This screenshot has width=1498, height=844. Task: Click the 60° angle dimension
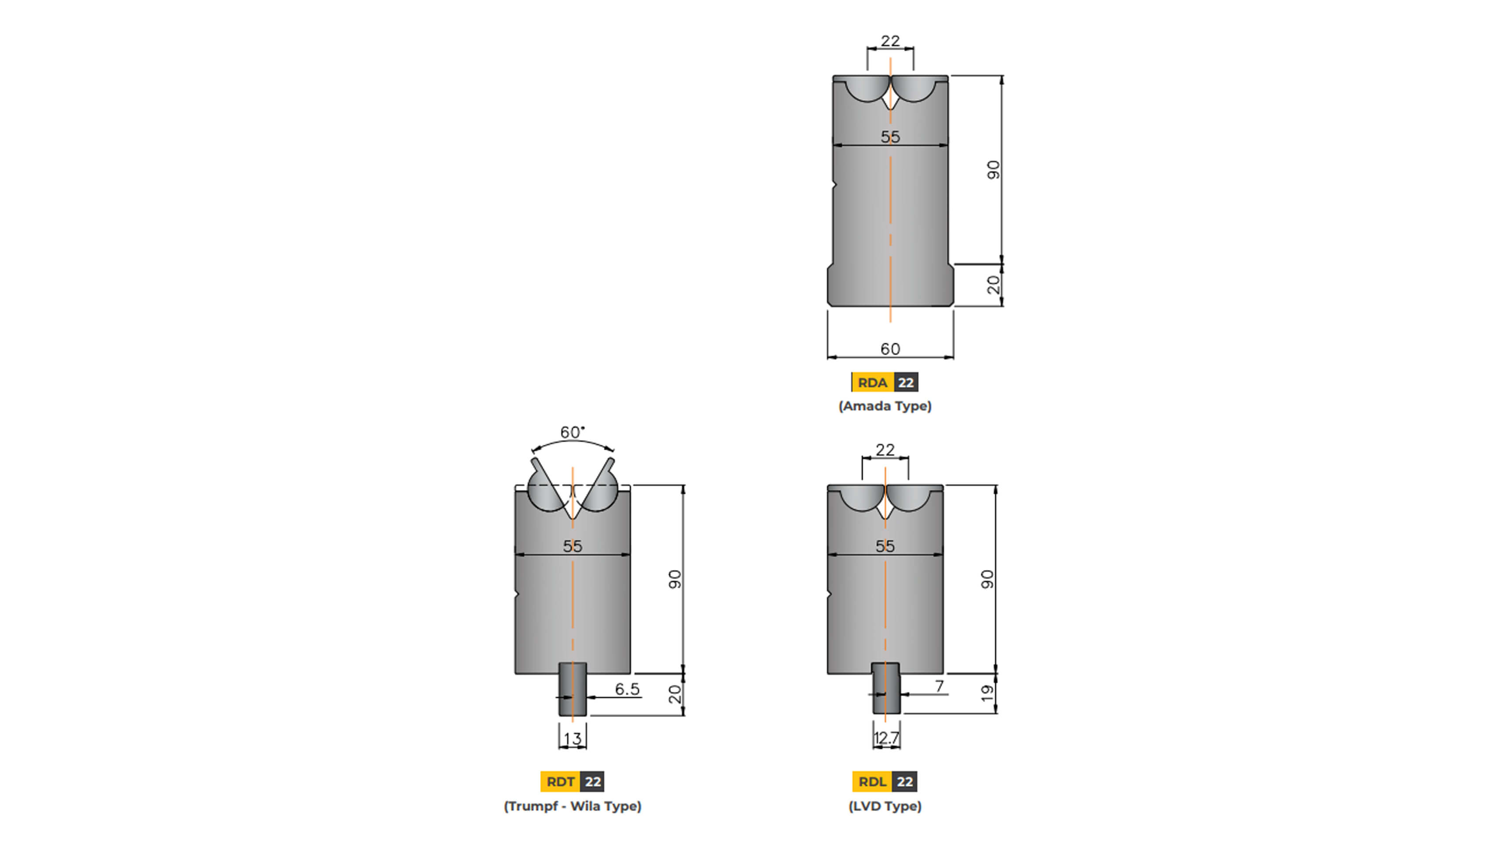pos(572,432)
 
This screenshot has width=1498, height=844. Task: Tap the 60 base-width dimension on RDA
pos(890,349)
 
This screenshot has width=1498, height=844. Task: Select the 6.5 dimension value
pos(627,689)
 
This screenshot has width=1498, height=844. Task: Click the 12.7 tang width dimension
pos(886,738)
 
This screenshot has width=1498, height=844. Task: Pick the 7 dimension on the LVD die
pos(939,686)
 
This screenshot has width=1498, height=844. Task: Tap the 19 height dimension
pos(987,693)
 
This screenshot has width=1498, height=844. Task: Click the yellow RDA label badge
pos(872,383)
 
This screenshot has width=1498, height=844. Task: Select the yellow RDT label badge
pos(560,781)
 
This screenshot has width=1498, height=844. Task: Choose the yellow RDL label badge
pos(872,781)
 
